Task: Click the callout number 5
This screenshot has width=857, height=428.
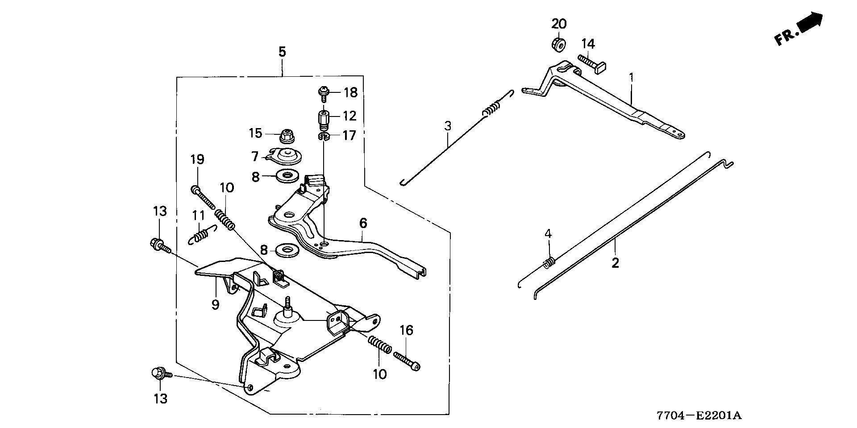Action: [282, 52]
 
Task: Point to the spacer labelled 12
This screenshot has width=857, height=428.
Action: [323, 118]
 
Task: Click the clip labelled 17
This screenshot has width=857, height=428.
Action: [324, 136]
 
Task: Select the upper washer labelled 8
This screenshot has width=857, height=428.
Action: [285, 176]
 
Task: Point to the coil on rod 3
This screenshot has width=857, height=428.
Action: [491, 110]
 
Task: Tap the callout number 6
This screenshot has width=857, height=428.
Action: [362, 223]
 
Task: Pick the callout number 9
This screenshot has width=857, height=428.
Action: [215, 305]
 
